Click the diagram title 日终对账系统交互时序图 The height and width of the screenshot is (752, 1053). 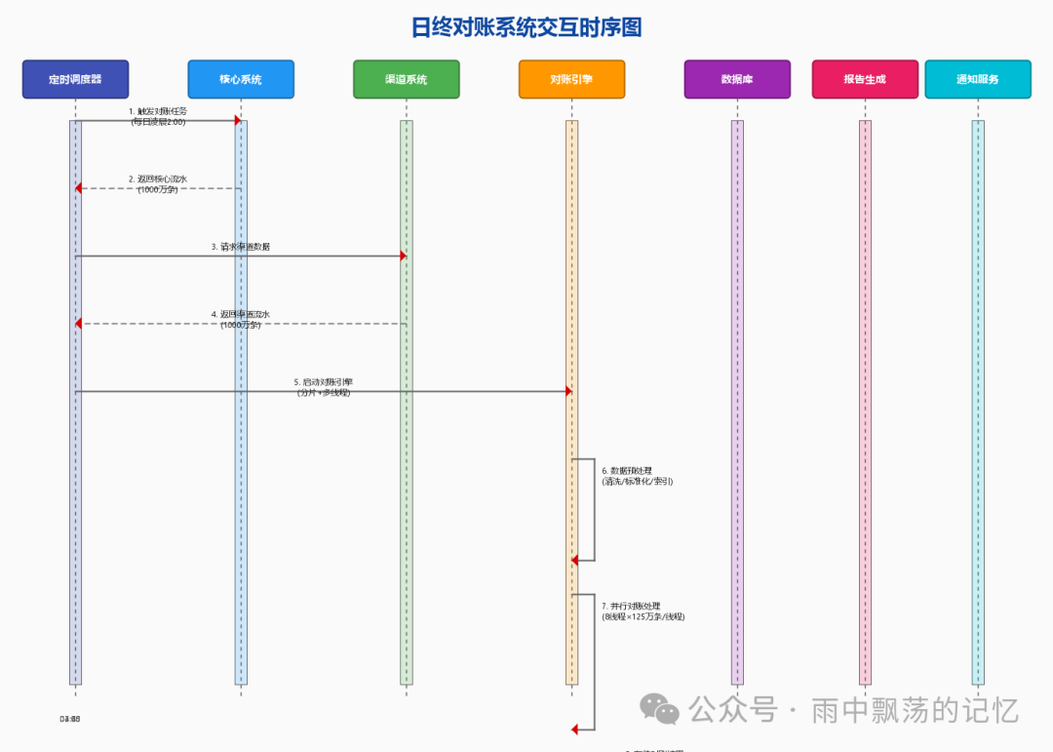(526, 27)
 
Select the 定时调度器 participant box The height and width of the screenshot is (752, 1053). (75, 79)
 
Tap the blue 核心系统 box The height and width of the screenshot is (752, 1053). (241, 79)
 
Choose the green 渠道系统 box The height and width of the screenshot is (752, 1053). (406, 79)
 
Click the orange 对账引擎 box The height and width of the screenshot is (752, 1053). (571, 79)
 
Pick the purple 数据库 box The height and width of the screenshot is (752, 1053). (737, 79)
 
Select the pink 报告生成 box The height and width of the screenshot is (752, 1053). (865, 79)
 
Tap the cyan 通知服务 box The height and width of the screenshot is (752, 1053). (978, 79)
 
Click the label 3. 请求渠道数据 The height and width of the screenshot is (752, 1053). (241, 247)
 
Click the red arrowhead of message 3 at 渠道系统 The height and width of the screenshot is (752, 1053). (402, 256)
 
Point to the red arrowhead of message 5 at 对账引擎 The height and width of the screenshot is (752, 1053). (567, 391)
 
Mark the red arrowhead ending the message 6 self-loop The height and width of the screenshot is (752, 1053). (575, 560)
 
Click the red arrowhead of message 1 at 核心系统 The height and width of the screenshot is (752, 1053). (237, 120)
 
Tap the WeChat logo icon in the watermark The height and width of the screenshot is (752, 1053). (665, 710)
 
